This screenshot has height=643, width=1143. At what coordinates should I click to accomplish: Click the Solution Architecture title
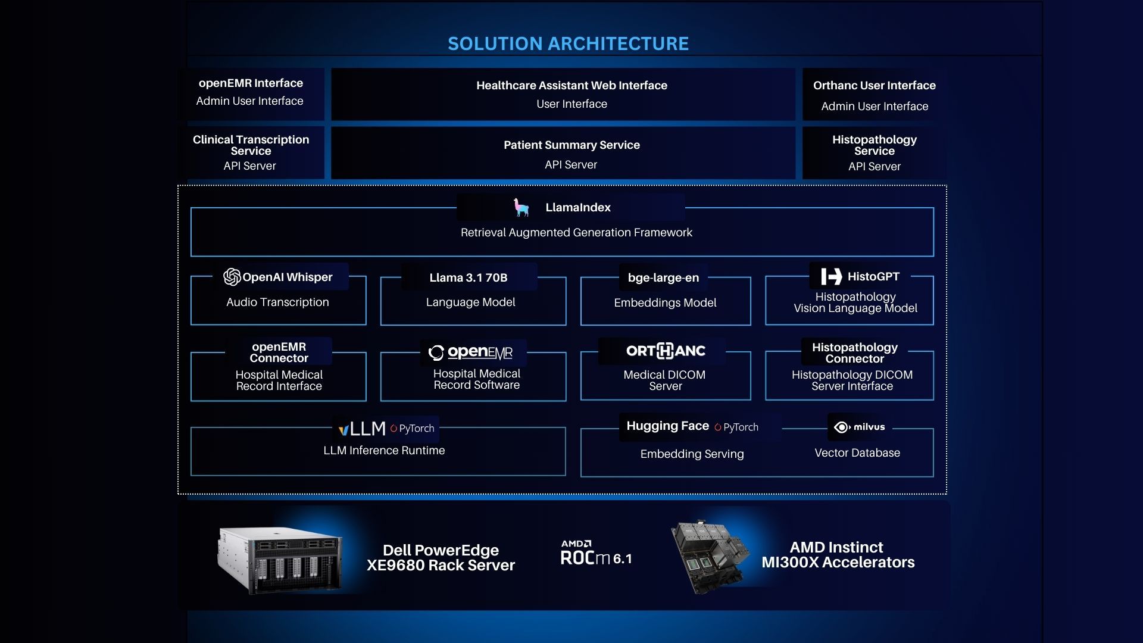(568, 43)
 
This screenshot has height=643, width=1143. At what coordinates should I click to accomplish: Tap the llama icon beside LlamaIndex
(521, 207)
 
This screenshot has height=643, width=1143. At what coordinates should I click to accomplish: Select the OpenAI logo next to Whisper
(232, 277)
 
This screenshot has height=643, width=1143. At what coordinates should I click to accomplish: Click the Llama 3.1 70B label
(469, 277)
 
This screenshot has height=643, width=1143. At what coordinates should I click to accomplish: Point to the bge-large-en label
(663, 277)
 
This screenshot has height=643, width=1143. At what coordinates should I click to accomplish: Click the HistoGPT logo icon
(832, 276)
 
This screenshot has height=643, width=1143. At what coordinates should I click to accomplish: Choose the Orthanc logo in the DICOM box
(666, 351)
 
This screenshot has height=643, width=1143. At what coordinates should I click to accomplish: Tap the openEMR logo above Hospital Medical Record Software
(470, 352)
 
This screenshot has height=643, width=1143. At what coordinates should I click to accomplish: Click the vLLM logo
(362, 428)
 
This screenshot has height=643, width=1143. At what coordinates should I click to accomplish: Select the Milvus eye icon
(842, 427)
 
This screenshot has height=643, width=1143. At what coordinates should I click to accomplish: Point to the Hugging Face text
(667, 426)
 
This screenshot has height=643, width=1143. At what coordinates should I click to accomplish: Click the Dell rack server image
(280, 560)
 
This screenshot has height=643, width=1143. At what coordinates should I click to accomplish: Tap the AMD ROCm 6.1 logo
(596, 553)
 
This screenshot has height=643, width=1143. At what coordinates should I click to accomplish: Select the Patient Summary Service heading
(571, 145)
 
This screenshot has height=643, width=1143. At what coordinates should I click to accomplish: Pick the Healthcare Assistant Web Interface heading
(571, 85)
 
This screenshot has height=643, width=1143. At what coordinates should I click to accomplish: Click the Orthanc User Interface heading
(874, 85)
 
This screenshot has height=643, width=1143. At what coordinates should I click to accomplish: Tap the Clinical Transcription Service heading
(251, 145)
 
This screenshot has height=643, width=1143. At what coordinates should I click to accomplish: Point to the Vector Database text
(857, 452)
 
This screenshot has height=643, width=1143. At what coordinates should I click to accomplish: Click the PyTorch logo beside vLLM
(412, 428)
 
